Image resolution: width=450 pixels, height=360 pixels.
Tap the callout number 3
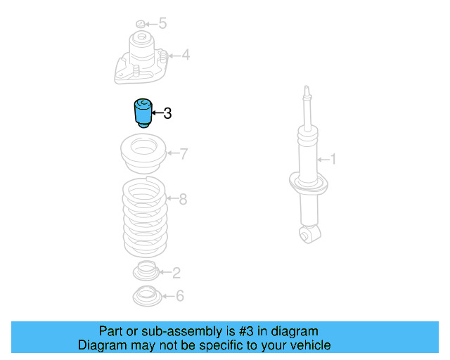(x=167, y=113)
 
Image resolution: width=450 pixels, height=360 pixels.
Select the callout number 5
(x=162, y=24)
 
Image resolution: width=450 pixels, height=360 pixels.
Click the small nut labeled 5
(x=140, y=25)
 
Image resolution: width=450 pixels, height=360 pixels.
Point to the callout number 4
(x=185, y=54)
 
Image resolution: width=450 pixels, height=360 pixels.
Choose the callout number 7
(x=184, y=153)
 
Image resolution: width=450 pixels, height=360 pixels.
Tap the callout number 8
(x=183, y=199)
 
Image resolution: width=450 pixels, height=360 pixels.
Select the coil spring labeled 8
(x=144, y=218)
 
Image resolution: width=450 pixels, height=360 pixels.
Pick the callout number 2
(x=176, y=272)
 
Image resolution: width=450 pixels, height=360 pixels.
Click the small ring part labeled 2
(x=146, y=270)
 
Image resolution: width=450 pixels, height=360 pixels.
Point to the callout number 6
(x=179, y=296)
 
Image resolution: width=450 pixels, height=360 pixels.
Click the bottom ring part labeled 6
(x=146, y=296)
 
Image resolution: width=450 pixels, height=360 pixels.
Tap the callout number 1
(x=333, y=160)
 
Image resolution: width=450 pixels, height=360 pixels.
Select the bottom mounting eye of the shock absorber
(x=307, y=233)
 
